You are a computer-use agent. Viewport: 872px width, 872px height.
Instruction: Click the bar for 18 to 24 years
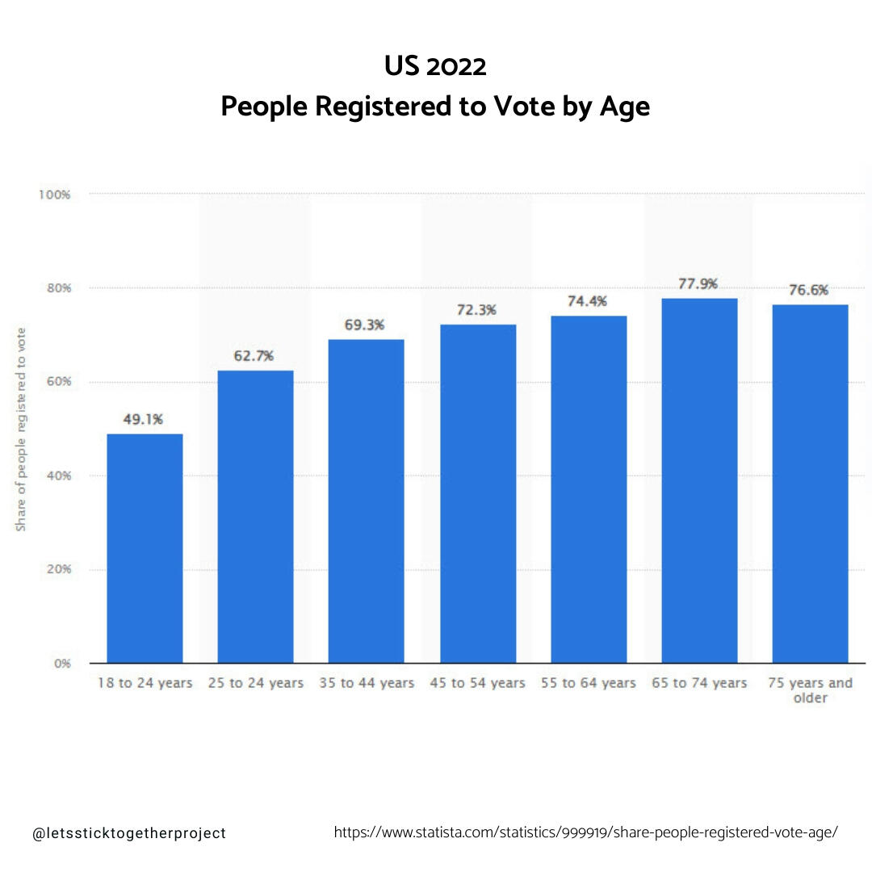(x=145, y=548)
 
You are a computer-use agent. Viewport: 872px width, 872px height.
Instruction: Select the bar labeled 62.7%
(x=255, y=517)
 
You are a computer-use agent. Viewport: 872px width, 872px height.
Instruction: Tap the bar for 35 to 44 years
(x=366, y=501)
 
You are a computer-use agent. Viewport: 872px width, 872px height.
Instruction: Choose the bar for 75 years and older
(x=810, y=484)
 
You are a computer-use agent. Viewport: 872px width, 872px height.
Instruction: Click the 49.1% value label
(x=144, y=419)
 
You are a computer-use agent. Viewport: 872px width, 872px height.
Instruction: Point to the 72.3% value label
(x=476, y=310)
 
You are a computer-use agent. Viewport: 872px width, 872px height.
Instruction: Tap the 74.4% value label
(x=587, y=300)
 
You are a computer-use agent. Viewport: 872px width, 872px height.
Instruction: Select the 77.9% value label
(x=698, y=284)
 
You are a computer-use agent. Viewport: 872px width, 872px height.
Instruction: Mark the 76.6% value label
(x=808, y=291)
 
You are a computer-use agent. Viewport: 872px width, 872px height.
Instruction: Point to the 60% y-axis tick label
(x=59, y=382)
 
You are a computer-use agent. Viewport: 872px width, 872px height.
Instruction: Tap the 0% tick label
(x=62, y=664)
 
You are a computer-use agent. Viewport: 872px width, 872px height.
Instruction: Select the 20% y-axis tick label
(x=59, y=569)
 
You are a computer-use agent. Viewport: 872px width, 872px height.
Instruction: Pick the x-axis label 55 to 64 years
(x=588, y=683)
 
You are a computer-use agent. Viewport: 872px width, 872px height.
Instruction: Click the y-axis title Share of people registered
(x=22, y=429)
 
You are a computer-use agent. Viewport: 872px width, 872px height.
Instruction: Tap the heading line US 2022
(x=435, y=66)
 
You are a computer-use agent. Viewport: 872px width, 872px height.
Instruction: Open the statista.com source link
(x=586, y=832)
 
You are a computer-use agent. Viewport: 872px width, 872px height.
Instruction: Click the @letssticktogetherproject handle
(x=129, y=833)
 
